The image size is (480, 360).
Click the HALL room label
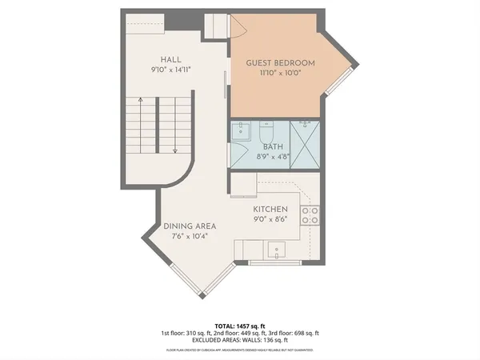(x=170, y=58)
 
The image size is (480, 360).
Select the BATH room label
(x=271, y=146)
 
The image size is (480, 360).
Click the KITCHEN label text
(x=270, y=209)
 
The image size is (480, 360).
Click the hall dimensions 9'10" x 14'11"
(x=170, y=70)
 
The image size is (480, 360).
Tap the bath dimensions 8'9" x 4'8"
(x=271, y=158)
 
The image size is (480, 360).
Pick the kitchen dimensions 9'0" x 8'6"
(x=270, y=219)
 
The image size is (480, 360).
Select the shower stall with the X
(x=306, y=146)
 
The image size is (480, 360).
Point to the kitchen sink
(x=276, y=250)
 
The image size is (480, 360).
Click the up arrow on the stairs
(x=141, y=102)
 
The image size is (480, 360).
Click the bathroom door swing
(x=238, y=152)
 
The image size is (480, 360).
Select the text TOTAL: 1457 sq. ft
(x=239, y=326)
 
